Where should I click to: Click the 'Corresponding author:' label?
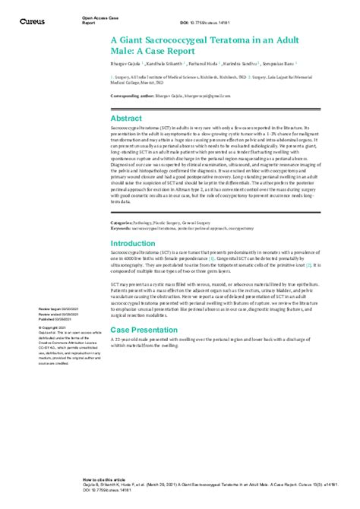pos(132,97)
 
